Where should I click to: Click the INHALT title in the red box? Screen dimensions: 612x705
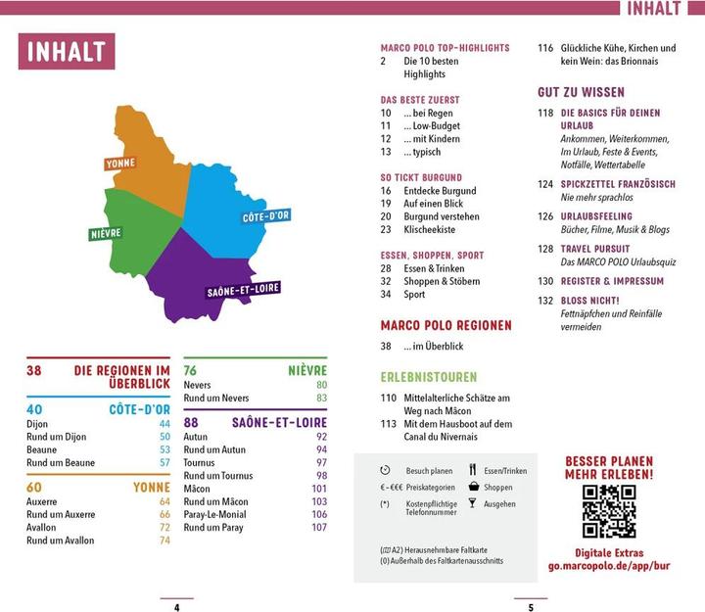point(67,52)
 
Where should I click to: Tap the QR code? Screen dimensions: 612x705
point(608,510)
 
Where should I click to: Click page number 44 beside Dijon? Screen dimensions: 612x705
point(164,424)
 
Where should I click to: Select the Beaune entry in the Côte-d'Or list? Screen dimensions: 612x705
point(42,449)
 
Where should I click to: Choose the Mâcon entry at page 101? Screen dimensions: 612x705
point(197,489)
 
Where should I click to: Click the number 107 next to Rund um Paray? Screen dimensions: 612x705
point(319,527)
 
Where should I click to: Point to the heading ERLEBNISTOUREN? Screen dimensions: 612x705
point(429,377)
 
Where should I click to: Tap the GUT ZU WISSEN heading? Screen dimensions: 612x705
point(581,91)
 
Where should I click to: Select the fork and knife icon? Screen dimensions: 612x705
point(472,469)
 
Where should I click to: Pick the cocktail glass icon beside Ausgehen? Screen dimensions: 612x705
point(472,503)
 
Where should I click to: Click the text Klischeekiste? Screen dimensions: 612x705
point(429,229)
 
